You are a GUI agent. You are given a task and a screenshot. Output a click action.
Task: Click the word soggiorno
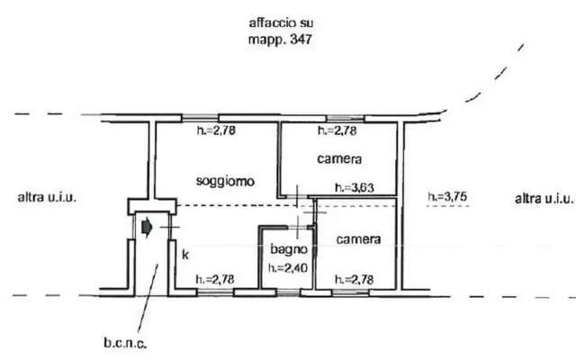225,181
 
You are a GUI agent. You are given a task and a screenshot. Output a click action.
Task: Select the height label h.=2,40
288,266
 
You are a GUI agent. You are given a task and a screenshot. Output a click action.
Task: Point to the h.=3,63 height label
353,189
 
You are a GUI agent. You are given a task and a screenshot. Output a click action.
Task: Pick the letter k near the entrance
184,255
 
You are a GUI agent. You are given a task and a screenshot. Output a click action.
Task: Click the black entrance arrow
148,229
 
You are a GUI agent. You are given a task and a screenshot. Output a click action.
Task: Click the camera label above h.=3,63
339,160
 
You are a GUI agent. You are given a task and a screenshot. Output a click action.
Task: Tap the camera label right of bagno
358,240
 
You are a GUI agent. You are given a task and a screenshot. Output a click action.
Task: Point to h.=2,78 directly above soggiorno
216,132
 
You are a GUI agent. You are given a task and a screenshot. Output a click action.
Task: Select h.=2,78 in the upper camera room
337,132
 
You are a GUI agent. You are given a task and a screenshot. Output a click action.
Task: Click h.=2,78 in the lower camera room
354,279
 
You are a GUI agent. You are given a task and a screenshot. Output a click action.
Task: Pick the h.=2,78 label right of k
216,279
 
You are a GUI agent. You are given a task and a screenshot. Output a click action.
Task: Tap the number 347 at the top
301,40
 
